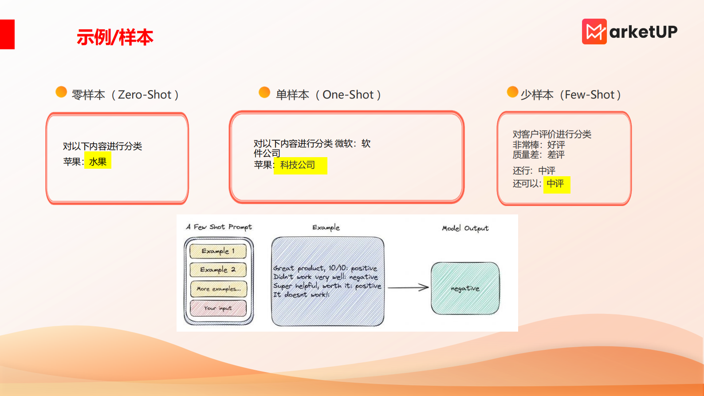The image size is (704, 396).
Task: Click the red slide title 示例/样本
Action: pos(115,37)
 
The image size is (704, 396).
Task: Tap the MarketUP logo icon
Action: pos(594,32)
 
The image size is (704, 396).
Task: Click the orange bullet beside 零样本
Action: pos(61,92)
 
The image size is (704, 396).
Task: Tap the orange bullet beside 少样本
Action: pos(512,92)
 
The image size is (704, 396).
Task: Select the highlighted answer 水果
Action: pos(98,162)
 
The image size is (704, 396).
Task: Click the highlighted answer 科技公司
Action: pos(298,165)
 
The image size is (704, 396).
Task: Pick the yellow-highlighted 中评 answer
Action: pos(555,184)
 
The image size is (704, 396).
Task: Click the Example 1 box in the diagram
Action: pos(218,251)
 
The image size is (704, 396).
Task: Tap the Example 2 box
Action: pos(218,269)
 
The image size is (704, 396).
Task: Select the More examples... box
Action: pos(218,289)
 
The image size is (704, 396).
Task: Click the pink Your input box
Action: pos(218,308)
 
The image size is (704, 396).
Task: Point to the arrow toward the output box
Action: pos(408,288)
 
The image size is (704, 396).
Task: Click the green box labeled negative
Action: pos(465,289)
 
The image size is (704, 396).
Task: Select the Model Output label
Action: pos(465,228)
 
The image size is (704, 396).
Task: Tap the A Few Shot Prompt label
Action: pos(219,227)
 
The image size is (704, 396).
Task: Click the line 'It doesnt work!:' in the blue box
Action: pos(301,295)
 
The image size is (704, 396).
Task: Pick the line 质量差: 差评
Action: pos(539,155)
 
